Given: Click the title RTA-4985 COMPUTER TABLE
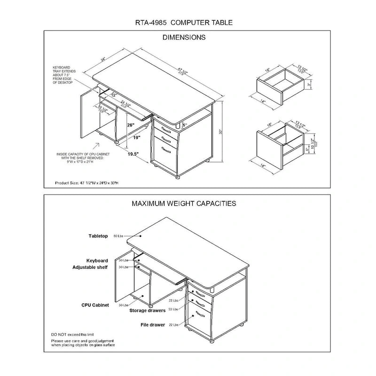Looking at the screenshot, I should (184, 22).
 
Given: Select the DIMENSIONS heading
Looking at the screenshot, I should (184, 38).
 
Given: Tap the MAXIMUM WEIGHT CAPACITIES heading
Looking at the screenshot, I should (184, 204).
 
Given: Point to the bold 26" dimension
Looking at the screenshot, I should (130, 125).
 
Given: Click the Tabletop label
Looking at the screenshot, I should (98, 235).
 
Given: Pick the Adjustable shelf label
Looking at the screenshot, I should (90, 267).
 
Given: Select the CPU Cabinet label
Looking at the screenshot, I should (95, 305).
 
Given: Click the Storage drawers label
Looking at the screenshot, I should (148, 311).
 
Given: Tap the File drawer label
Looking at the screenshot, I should (153, 325).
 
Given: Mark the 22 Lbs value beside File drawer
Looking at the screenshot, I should (172, 325).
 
